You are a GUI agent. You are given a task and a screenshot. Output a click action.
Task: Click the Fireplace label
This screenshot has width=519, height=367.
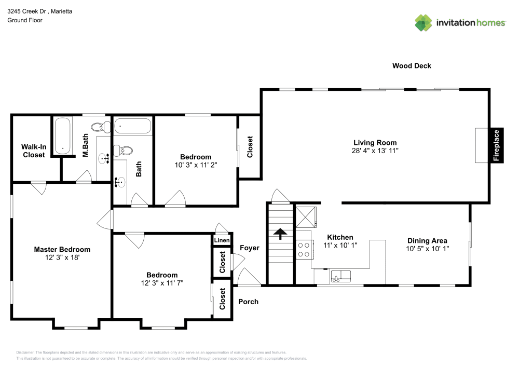(x=496, y=146)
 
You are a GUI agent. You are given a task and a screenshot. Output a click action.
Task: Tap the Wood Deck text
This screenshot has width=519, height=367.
(x=412, y=66)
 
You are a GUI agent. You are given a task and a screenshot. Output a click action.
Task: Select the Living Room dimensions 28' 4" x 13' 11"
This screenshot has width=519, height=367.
(x=375, y=151)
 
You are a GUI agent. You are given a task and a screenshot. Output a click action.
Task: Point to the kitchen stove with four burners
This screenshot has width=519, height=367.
(x=303, y=250)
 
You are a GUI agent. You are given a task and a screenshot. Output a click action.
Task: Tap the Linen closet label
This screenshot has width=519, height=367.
(x=222, y=240)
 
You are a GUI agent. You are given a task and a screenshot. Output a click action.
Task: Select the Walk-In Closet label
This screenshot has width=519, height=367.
(x=33, y=151)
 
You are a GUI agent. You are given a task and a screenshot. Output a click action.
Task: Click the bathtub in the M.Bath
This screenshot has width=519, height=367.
(x=63, y=136)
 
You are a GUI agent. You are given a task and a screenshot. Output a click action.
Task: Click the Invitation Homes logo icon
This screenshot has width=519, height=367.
(x=424, y=22)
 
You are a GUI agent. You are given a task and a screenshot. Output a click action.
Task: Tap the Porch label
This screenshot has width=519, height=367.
(x=248, y=302)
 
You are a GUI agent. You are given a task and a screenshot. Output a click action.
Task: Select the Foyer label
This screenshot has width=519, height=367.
(x=250, y=248)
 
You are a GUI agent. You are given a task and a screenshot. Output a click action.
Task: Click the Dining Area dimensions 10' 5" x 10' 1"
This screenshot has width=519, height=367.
(x=427, y=249)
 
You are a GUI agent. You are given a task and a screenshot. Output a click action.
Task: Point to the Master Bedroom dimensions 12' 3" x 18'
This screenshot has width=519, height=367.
(x=62, y=257)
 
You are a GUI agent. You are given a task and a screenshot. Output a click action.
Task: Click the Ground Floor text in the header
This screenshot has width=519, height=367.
(x=24, y=20)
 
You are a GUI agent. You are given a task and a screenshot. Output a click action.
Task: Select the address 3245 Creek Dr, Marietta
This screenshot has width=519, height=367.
(x=39, y=10)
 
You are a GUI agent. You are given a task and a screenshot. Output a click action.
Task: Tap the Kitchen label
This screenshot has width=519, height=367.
(x=340, y=237)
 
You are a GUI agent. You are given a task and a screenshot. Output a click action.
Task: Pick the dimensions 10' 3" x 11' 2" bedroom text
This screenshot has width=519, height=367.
(x=195, y=165)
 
